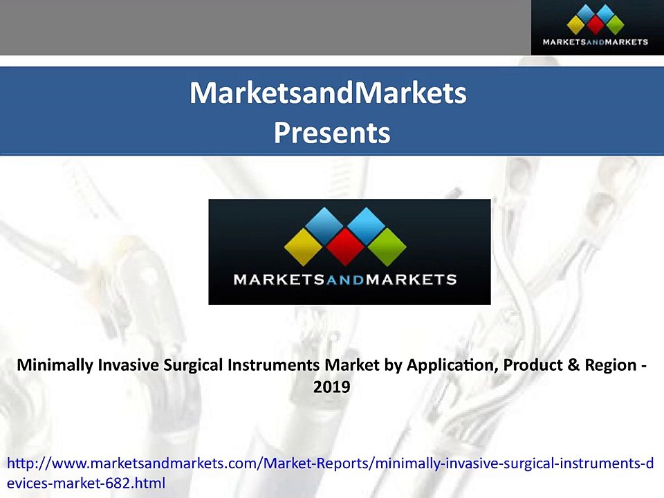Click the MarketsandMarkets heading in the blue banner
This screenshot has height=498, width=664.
[x=329, y=93]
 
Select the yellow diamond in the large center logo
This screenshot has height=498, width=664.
[x=304, y=247]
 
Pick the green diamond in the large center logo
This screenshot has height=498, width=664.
[x=387, y=247]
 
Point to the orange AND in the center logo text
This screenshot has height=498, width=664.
[x=346, y=280]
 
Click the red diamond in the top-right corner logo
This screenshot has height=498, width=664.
[x=596, y=26]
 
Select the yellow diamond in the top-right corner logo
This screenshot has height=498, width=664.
[x=577, y=26]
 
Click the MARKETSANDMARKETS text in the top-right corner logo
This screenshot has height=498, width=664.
[x=596, y=42]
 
